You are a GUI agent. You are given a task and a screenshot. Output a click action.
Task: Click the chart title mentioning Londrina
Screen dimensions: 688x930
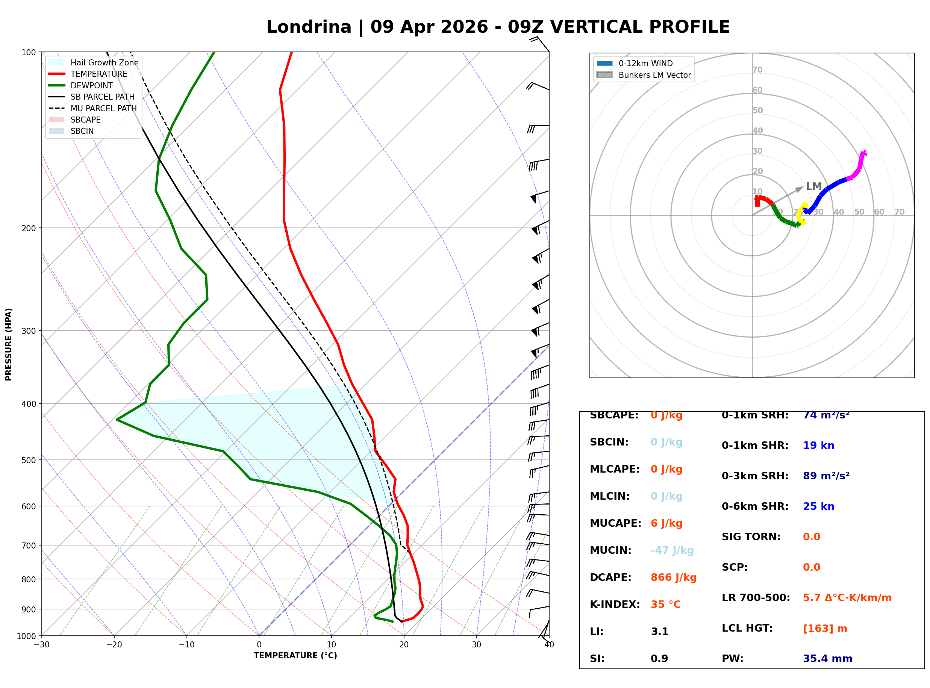coord(497,27)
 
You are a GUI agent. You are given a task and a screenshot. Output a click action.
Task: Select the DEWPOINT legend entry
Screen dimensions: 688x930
coord(92,85)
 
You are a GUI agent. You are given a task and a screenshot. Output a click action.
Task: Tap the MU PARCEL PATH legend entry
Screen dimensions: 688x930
coord(103,108)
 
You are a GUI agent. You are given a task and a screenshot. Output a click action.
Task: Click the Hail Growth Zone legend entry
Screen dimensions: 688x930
coord(104,62)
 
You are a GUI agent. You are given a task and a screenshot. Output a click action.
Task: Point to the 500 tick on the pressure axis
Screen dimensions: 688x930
coord(28,460)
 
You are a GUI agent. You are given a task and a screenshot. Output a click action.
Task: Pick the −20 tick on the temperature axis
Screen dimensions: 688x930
coord(114,645)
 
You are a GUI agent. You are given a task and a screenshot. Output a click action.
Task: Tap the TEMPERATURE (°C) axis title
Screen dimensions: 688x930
coord(295,656)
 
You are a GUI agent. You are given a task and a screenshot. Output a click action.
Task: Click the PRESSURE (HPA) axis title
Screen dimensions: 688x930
coord(9,344)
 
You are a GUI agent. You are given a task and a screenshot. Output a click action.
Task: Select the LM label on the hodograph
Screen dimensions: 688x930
coord(813,186)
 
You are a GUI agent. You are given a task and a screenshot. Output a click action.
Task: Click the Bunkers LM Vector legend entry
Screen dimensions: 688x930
coord(654,75)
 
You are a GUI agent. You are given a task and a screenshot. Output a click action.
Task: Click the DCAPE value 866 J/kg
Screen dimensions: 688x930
coord(673,577)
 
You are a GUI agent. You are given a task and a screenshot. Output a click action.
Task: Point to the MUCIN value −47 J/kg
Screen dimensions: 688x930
coord(672,550)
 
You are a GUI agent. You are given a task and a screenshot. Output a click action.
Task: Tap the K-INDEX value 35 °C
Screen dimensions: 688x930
coord(665,604)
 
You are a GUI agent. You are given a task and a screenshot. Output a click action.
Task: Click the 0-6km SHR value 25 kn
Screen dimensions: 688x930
coord(818,506)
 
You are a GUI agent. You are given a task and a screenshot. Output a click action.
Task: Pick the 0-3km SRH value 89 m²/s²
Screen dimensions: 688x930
coord(826,476)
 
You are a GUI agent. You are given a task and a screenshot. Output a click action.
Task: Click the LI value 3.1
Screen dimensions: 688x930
coord(659,631)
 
